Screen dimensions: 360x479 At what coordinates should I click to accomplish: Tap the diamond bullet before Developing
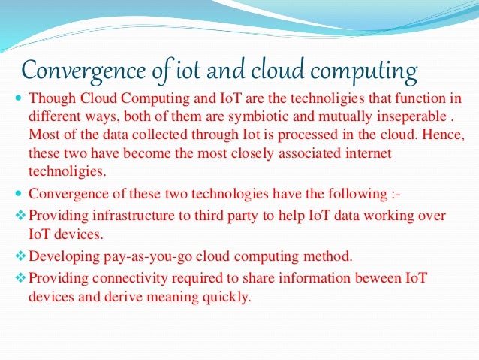click(x=20, y=257)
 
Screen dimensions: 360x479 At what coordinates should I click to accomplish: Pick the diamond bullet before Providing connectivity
click(x=20, y=280)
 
